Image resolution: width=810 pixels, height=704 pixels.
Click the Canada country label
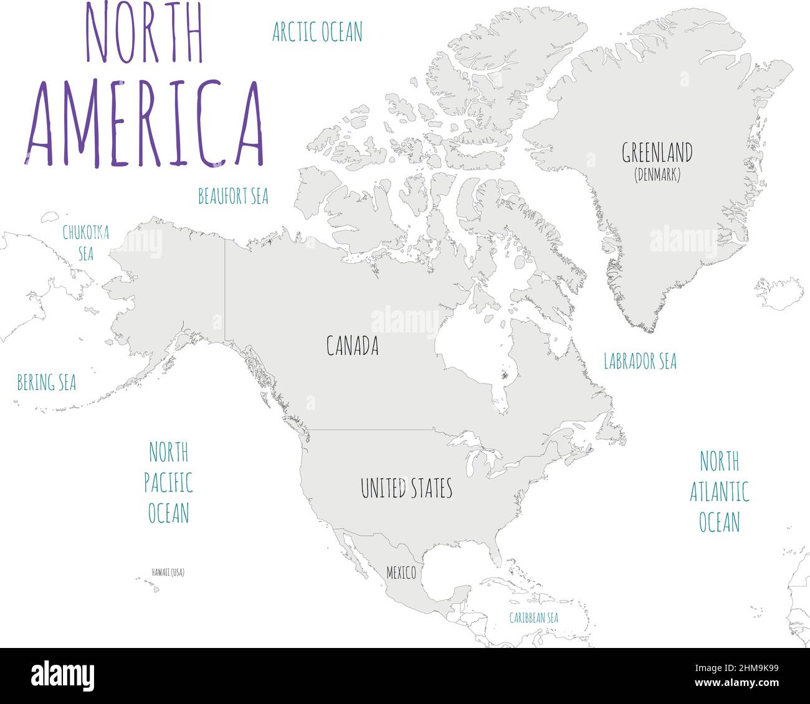tap(353, 346)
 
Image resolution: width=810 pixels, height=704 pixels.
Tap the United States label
tap(406, 489)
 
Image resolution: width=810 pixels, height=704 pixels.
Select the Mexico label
tap(401, 573)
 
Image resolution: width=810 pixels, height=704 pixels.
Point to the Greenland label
tap(657, 153)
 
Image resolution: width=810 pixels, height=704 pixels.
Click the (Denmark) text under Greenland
tap(657, 176)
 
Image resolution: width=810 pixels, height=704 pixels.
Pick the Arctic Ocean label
tap(317, 32)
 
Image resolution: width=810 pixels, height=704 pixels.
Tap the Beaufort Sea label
tap(233, 196)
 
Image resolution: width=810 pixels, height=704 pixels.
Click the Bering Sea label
tap(47, 383)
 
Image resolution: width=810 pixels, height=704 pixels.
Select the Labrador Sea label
tap(640, 361)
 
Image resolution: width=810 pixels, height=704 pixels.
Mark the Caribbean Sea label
tap(533, 618)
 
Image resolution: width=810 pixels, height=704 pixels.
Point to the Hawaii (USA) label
tap(168, 572)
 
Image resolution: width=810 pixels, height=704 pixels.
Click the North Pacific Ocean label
tap(168, 482)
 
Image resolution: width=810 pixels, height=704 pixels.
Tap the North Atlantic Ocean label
tap(719, 492)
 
